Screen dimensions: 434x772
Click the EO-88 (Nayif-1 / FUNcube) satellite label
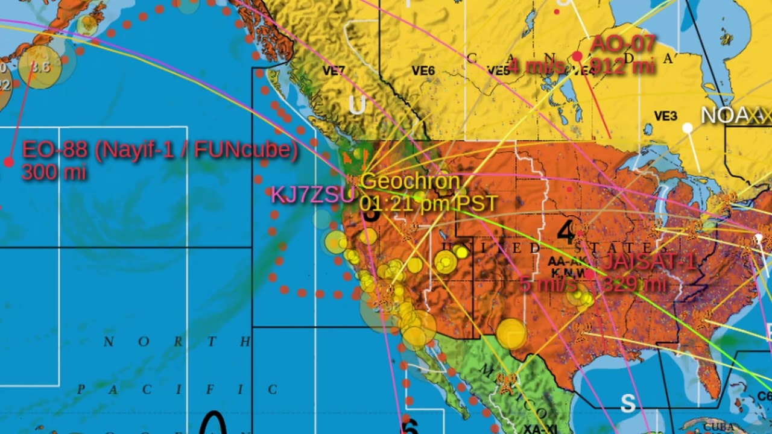point(160,151)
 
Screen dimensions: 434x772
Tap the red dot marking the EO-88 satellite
point(8,162)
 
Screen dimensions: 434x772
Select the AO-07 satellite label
point(622,44)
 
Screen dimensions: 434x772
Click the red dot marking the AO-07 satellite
point(577,56)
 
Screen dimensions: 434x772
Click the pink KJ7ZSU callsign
point(312,195)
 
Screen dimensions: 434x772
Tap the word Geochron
point(410,181)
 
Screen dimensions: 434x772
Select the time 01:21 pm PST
point(428,203)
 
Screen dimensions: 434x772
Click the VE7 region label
point(334,71)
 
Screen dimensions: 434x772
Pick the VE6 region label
point(423,71)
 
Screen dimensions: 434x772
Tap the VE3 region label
point(665,116)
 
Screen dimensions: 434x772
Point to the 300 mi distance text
point(54,173)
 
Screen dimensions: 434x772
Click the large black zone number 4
point(566,232)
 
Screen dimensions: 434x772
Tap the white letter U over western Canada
point(356,106)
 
